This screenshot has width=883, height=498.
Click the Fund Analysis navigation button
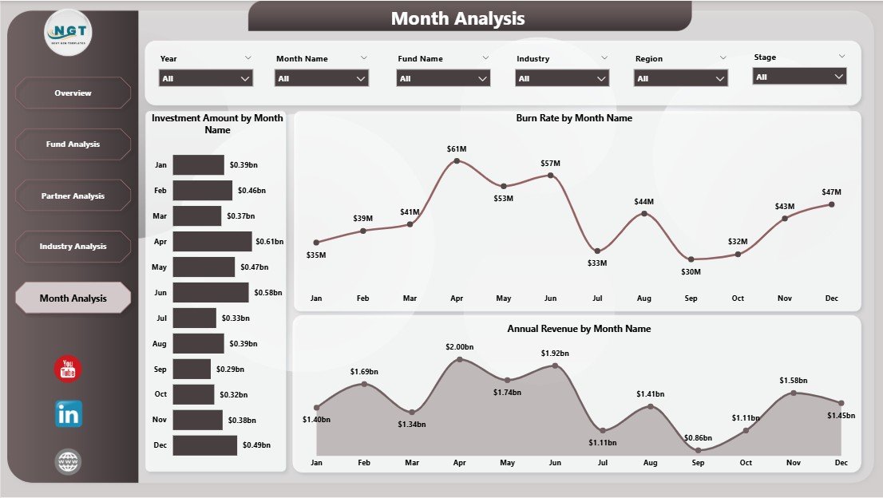click(73, 144)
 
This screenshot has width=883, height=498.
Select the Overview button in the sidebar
click(73, 93)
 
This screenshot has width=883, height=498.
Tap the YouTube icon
click(68, 369)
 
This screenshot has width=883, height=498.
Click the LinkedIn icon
click(69, 414)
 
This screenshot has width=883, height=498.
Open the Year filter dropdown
click(207, 78)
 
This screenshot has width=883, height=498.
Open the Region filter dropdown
click(681, 78)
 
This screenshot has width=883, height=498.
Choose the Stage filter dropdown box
click(799, 77)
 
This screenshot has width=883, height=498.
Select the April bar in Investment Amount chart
click(212, 241)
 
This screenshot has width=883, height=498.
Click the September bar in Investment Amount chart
click(192, 369)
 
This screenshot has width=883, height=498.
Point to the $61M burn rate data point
click(457, 160)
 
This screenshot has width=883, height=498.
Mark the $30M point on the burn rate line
click(691, 259)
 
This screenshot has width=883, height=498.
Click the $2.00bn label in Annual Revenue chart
click(458, 347)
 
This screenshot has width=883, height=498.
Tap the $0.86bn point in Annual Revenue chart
click(699, 449)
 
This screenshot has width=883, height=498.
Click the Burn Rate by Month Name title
click(574, 118)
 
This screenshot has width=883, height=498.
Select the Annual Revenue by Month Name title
click(579, 329)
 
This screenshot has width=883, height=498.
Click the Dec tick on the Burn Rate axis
click(832, 298)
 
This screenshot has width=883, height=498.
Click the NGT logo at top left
click(69, 32)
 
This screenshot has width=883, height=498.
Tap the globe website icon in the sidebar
click(68, 461)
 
